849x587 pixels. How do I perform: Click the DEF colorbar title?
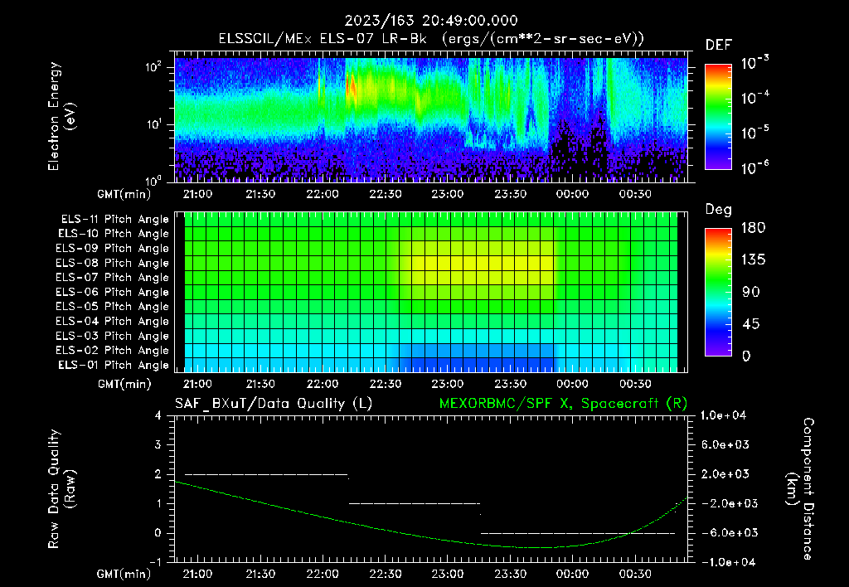[x=718, y=45]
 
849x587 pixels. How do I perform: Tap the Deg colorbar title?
[x=718, y=210]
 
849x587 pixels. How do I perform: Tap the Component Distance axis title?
[x=800, y=489]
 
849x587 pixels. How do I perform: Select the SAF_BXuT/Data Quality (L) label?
[x=273, y=403]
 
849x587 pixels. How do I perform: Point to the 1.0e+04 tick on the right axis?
[x=725, y=415]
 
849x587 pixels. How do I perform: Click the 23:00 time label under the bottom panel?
[x=448, y=574]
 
